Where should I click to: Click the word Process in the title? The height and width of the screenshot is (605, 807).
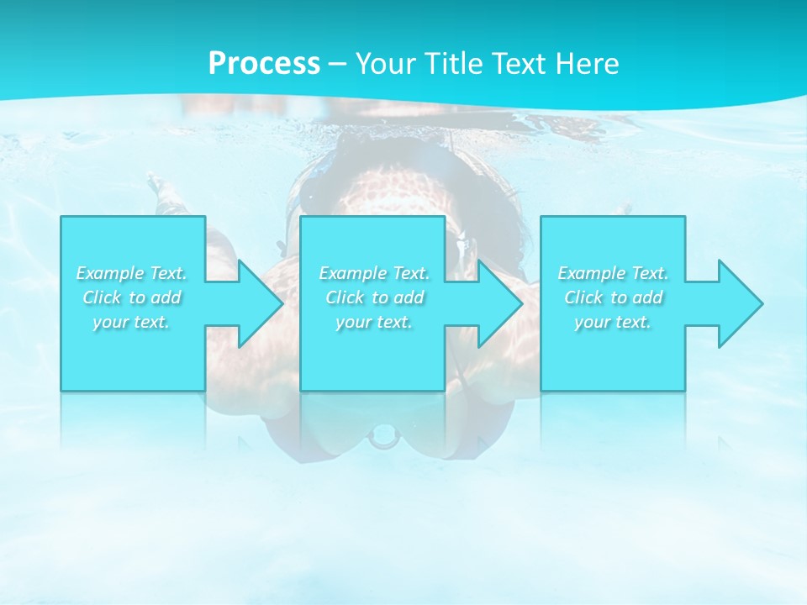(x=264, y=64)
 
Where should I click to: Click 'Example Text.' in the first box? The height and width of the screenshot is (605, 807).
(x=132, y=273)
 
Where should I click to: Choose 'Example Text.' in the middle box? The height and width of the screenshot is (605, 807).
(x=374, y=273)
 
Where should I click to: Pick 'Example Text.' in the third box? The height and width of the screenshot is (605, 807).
(x=613, y=273)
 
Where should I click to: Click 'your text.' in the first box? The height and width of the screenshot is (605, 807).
(x=131, y=322)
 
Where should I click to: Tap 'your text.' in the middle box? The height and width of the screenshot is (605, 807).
(x=373, y=322)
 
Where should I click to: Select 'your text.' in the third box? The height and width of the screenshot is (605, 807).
(x=612, y=322)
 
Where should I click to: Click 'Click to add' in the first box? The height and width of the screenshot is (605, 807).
(x=132, y=297)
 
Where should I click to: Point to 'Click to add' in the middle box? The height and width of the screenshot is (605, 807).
(x=374, y=297)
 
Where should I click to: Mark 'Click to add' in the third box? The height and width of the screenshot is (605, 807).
(x=613, y=297)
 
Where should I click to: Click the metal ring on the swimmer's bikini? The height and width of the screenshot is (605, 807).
(x=382, y=437)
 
